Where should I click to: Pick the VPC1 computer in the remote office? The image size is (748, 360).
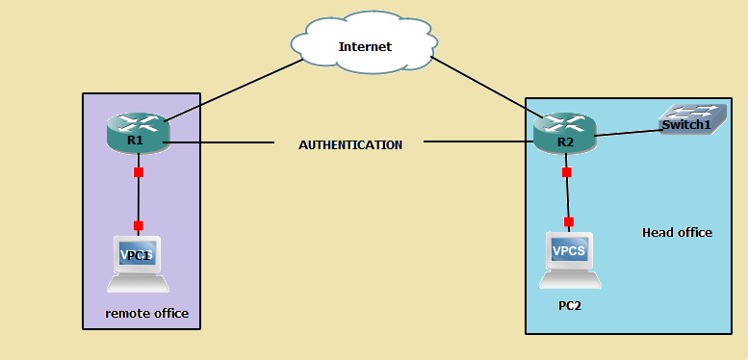pos(138,263)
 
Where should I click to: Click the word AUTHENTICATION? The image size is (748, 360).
pos(350,144)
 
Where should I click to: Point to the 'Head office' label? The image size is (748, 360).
pos(677,232)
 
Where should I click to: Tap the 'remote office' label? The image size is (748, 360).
pos(146,314)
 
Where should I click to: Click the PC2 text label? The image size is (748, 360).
pos(570,305)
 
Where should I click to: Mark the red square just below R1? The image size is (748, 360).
pos(139,172)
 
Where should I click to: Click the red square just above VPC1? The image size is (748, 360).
pos(139,225)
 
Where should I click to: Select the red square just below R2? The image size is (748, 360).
pos(566,172)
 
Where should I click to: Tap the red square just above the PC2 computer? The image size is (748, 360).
pos(568,222)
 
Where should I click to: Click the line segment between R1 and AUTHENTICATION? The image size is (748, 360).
pos(221,144)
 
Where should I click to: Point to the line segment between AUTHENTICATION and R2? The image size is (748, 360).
pos(477,142)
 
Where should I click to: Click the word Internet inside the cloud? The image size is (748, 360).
pos(364,46)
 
